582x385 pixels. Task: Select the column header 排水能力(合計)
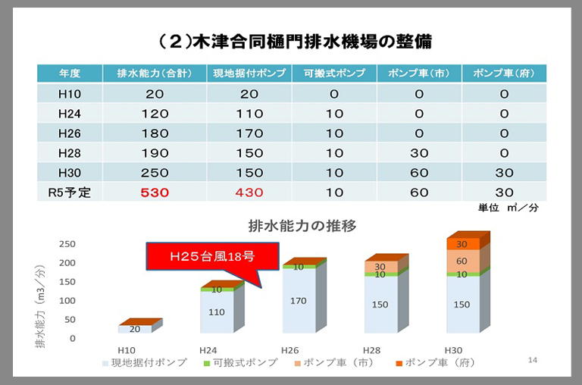(x=154, y=74)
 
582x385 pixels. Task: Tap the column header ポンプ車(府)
(x=504, y=74)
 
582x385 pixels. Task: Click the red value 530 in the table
(x=154, y=192)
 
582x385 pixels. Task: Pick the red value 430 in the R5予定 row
(x=249, y=192)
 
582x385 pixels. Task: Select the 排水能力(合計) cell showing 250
(x=154, y=173)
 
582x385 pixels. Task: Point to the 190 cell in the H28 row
(x=154, y=153)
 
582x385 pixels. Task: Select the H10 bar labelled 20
(x=135, y=329)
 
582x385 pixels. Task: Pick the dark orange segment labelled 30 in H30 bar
(x=462, y=244)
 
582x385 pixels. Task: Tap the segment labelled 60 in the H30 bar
(x=462, y=261)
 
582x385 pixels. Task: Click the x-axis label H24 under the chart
(x=208, y=350)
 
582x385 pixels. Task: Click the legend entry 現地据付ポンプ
(x=144, y=363)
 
